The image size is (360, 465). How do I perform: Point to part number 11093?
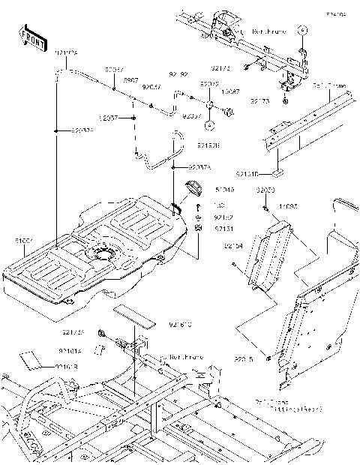(x=287, y=205)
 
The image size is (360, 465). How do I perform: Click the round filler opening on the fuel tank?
(x=103, y=253)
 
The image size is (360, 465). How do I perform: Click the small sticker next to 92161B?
(x=32, y=358)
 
